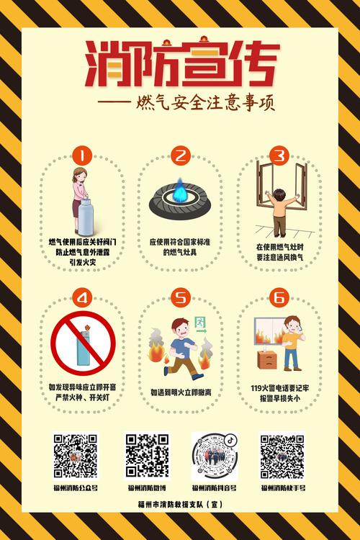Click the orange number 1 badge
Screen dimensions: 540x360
coord(84,155)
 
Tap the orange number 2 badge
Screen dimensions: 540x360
coord(180,155)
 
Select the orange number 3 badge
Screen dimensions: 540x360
coord(279,155)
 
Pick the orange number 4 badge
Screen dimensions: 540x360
coord(84,297)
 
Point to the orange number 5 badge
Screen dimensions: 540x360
coord(180,297)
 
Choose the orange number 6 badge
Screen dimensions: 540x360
coord(279,297)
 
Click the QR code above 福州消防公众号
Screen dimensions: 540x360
coord(75,456)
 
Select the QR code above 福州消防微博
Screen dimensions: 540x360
coord(147,454)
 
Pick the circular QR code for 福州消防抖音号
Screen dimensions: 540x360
coord(214,456)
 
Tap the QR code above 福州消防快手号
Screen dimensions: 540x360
coord(282,456)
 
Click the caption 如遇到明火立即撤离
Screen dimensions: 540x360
coord(180,393)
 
